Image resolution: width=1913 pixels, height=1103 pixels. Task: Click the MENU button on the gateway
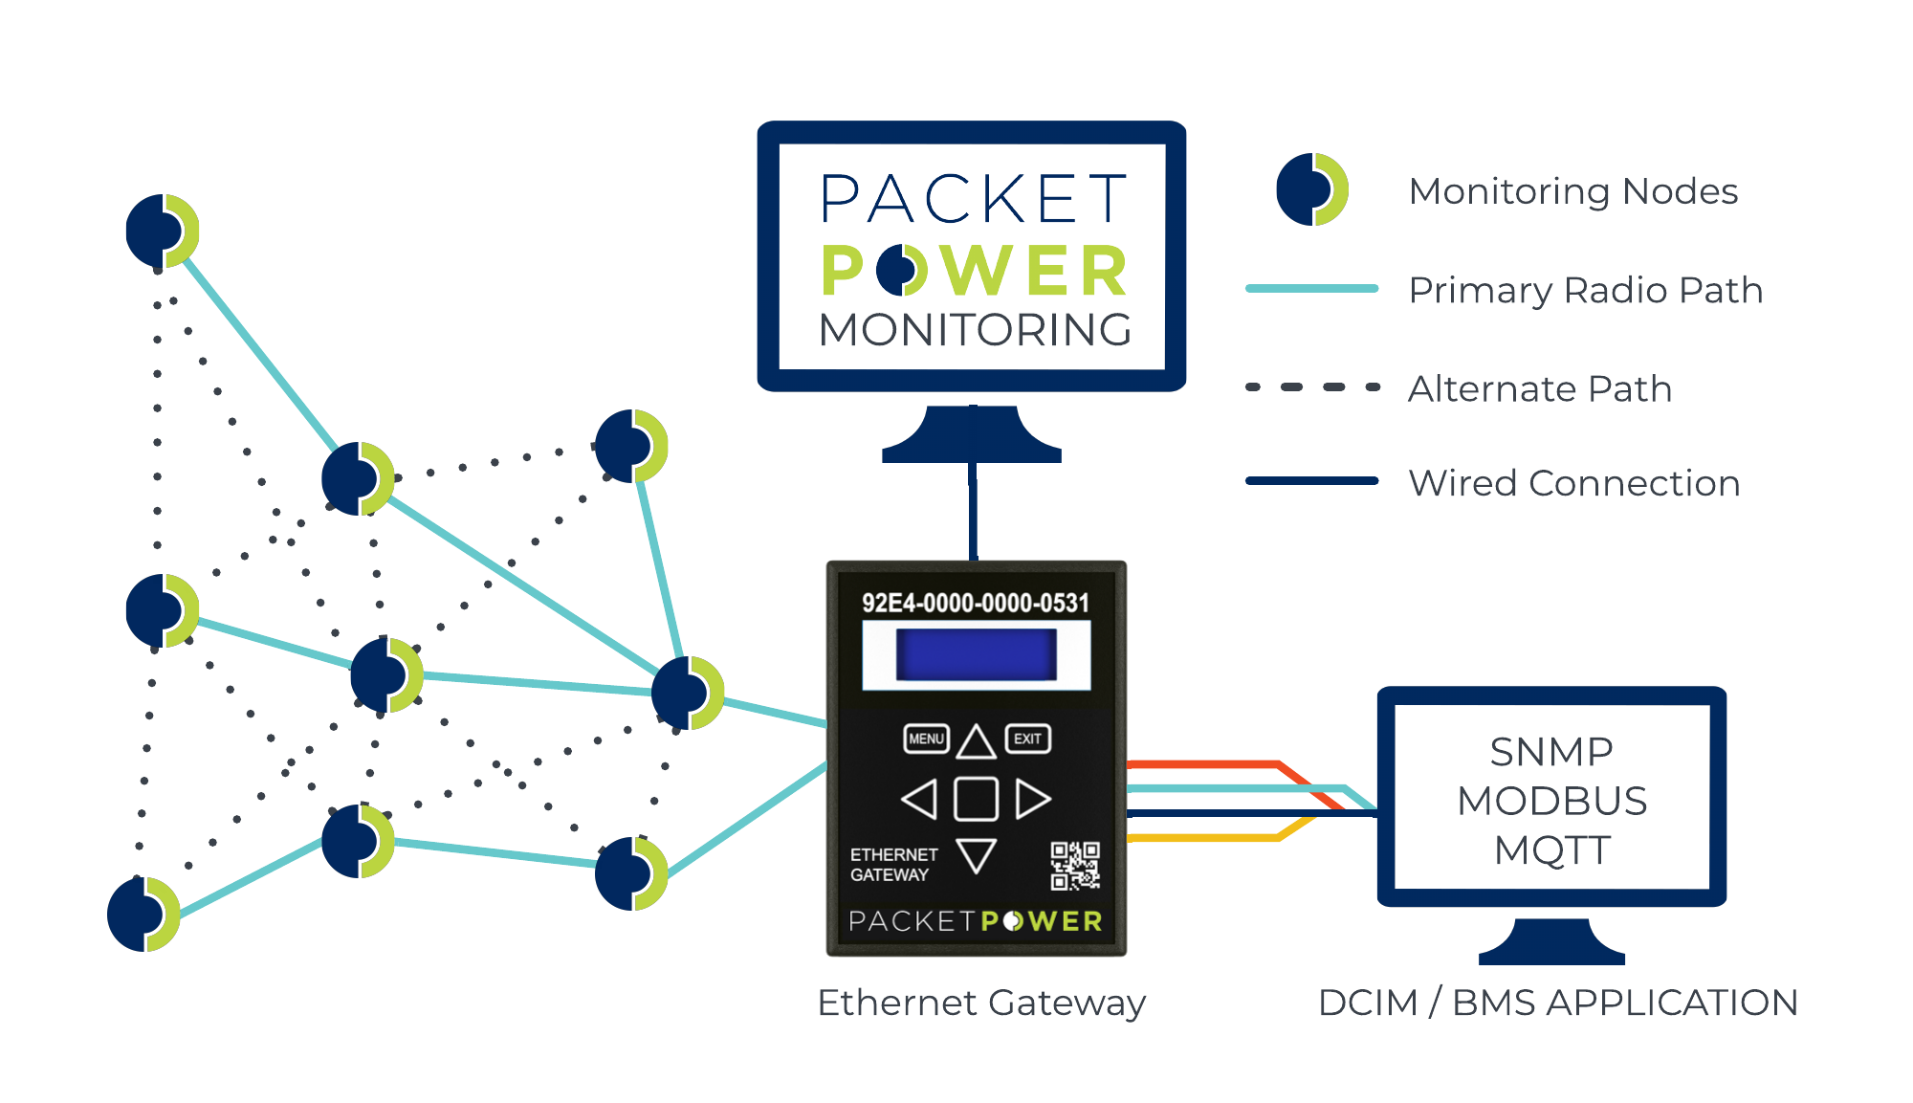pyautogui.click(x=926, y=739)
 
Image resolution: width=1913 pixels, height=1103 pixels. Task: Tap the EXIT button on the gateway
pyautogui.click(x=1027, y=739)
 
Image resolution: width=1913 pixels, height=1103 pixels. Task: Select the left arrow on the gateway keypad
pyautogui.click(x=920, y=799)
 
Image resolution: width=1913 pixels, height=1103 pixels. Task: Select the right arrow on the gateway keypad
pyautogui.click(x=1032, y=799)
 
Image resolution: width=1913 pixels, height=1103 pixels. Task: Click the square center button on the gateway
pyautogui.click(x=976, y=799)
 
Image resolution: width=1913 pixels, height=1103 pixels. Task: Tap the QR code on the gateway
pyautogui.click(x=1075, y=865)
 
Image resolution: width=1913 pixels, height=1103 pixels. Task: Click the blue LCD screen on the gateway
pyautogui.click(x=976, y=654)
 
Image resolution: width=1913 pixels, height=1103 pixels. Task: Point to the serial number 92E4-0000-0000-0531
pyautogui.click(x=975, y=603)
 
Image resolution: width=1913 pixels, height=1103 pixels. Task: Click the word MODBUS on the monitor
pyautogui.click(x=1551, y=802)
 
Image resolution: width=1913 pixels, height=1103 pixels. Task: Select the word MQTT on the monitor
pyautogui.click(x=1551, y=850)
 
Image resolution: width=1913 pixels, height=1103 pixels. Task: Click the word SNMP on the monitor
pyautogui.click(x=1551, y=753)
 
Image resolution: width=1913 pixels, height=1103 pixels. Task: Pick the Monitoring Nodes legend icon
pyautogui.click(x=1311, y=189)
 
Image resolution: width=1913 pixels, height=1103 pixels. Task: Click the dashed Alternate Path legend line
pyautogui.click(x=1312, y=387)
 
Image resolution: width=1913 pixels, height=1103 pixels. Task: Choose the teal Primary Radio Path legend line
pyautogui.click(x=1311, y=288)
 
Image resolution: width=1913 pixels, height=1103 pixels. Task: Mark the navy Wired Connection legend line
pyautogui.click(x=1311, y=481)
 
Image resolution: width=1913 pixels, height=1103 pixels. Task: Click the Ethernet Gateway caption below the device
pyautogui.click(x=981, y=1003)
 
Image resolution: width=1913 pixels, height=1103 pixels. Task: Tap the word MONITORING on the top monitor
pyautogui.click(x=976, y=330)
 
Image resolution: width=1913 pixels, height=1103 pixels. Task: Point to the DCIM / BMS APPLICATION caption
pyautogui.click(x=1557, y=1003)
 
